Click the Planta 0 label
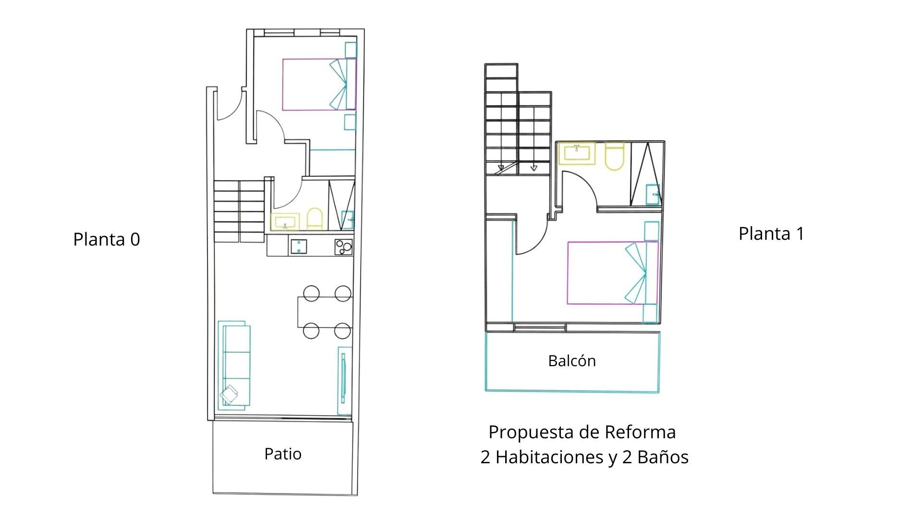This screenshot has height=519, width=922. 107,239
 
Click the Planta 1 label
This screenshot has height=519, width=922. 771,234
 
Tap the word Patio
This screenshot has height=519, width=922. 283,454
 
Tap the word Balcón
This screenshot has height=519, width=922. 572,360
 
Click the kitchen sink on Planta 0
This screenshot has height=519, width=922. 299,247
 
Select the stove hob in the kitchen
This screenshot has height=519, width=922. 343,247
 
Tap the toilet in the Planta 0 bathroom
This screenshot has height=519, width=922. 315,219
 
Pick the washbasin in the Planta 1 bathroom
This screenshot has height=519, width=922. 577,153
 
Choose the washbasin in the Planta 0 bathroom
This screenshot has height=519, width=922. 285,222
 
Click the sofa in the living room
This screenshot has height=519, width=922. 234,366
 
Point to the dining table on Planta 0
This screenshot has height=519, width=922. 325,312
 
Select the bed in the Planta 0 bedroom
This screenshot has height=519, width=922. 319,85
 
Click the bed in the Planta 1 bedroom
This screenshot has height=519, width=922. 613,272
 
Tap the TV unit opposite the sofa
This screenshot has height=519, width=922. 344,380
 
